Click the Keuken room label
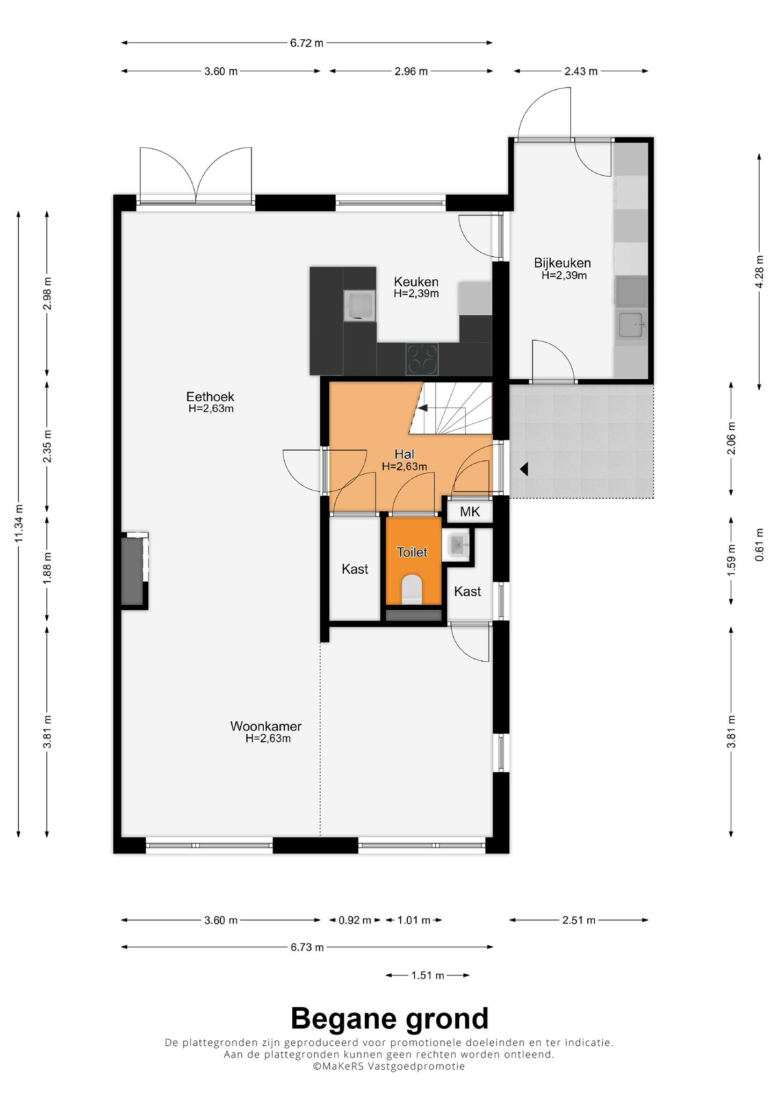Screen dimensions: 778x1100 coord(416,282)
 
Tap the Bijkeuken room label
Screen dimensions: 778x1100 coord(562,263)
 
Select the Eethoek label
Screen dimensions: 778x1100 coord(210,397)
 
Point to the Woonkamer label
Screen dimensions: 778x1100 coord(266,727)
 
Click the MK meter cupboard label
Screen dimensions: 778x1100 coord(470,512)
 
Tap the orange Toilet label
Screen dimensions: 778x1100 coord(412,552)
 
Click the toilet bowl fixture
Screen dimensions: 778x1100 coord(413,589)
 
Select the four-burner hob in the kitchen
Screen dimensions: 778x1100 coord(422,358)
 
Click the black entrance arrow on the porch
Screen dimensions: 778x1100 coord(524,469)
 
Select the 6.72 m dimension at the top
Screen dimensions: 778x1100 coord(307,43)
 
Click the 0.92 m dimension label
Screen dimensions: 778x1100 coord(355,920)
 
